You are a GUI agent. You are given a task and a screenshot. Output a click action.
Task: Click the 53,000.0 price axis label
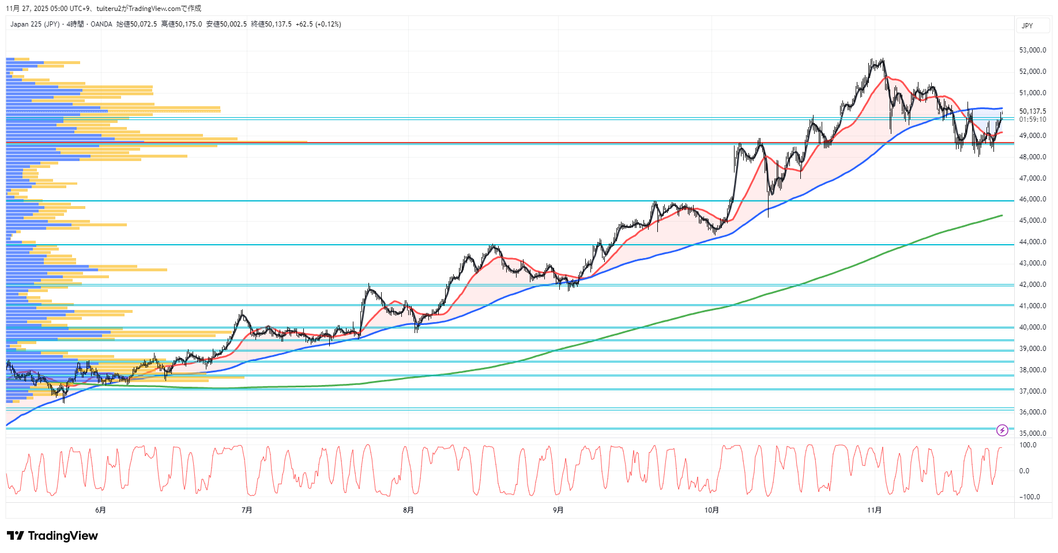pyautogui.click(x=1032, y=50)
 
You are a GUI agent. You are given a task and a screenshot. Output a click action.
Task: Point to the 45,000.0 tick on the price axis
pyautogui.click(x=1032, y=221)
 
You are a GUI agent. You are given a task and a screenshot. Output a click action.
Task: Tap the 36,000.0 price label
pyautogui.click(x=1032, y=412)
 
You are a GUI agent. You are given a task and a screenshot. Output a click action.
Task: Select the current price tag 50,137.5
pyautogui.click(x=1032, y=111)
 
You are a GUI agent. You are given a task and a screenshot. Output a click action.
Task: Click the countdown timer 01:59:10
pyautogui.click(x=1032, y=119)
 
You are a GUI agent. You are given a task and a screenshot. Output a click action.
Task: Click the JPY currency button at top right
pyautogui.click(x=1027, y=26)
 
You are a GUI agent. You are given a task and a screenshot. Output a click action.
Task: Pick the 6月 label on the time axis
pyautogui.click(x=100, y=510)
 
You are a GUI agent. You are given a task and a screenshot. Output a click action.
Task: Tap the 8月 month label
pyautogui.click(x=408, y=510)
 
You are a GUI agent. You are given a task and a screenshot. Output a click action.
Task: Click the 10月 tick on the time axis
pyautogui.click(x=711, y=510)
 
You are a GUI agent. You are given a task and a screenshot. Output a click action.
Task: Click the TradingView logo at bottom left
pyautogui.click(x=52, y=536)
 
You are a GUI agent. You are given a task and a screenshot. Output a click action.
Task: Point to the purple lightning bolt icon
pyautogui.click(x=1002, y=430)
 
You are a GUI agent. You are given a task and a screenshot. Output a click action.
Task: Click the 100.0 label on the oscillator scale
pyautogui.click(x=1027, y=445)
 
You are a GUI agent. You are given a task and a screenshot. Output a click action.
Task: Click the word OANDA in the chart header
pyautogui.click(x=101, y=24)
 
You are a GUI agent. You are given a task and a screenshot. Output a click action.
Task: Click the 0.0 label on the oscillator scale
pyautogui.click(x=1024, y=471)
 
